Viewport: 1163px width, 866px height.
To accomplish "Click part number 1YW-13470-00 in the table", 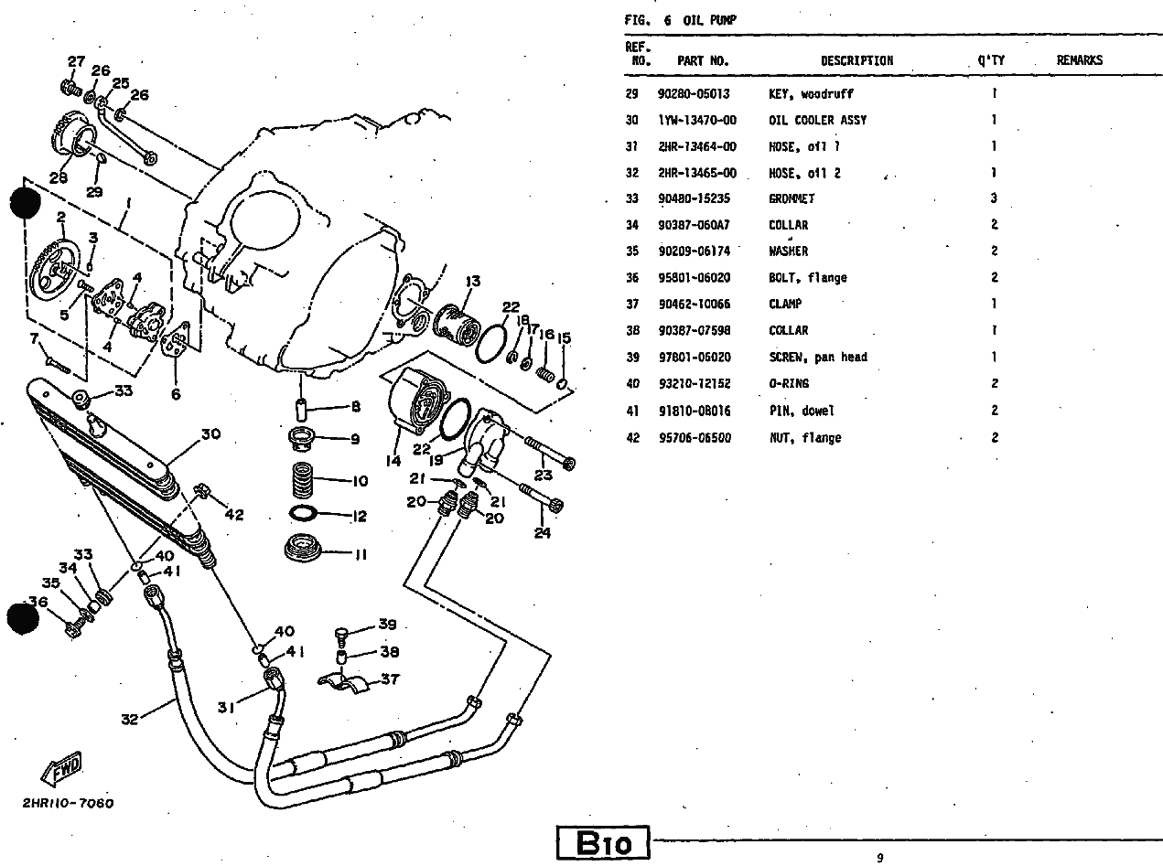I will [696, 120].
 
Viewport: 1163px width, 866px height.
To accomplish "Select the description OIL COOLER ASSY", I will [817, 120].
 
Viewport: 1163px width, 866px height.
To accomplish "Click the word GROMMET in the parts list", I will [791, 198].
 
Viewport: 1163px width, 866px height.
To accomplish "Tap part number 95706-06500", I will [695, 438].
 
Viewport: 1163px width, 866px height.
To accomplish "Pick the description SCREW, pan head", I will [817, 358].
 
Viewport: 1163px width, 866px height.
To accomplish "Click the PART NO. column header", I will [702, 61].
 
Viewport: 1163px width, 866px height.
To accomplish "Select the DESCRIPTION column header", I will [856, 61].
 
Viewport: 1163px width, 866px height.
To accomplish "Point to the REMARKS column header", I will [1079, 61].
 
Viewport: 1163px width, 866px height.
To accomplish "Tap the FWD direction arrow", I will [62, 770].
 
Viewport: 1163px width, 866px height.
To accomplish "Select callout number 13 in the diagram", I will [473, 281].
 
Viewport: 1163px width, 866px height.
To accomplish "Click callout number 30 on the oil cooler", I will [210, 434].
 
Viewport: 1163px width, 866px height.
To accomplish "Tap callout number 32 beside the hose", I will [130, 719].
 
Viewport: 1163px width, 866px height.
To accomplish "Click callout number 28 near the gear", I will [58, 179].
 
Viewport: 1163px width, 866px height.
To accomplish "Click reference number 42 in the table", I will [631, 438].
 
